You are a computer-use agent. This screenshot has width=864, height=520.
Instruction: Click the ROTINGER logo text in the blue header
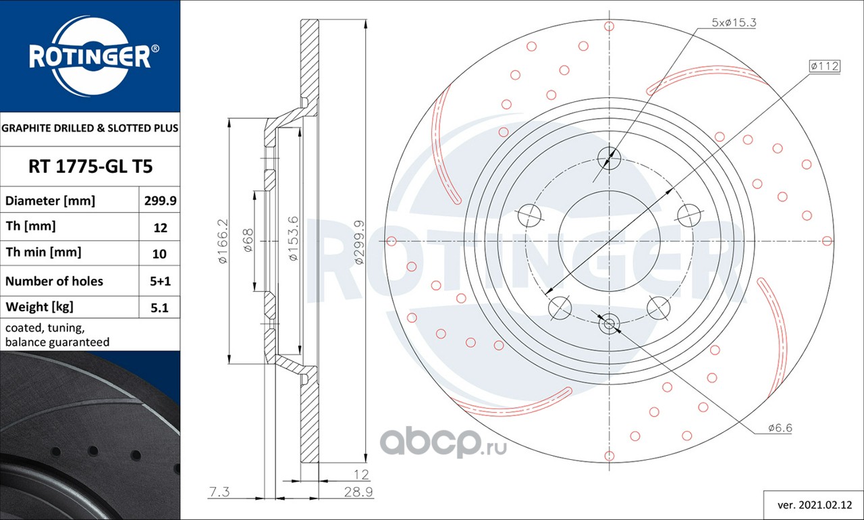[90, 57]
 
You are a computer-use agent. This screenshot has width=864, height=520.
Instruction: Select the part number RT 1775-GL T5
[90, 166]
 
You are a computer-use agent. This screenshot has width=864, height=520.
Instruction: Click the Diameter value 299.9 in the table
[160, 201]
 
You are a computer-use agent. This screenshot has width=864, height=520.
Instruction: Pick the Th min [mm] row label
[43, 253]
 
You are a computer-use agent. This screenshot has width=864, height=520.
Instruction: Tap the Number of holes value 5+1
[160, 281]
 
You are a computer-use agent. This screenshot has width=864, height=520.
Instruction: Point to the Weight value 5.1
[159, 307]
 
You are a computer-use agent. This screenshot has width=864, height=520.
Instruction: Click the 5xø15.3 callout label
[734, 22]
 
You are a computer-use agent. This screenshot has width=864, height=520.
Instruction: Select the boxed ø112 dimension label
[825, 66]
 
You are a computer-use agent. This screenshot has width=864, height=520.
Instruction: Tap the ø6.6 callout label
[780, 427]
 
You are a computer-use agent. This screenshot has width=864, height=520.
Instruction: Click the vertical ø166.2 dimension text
[223, 241]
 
